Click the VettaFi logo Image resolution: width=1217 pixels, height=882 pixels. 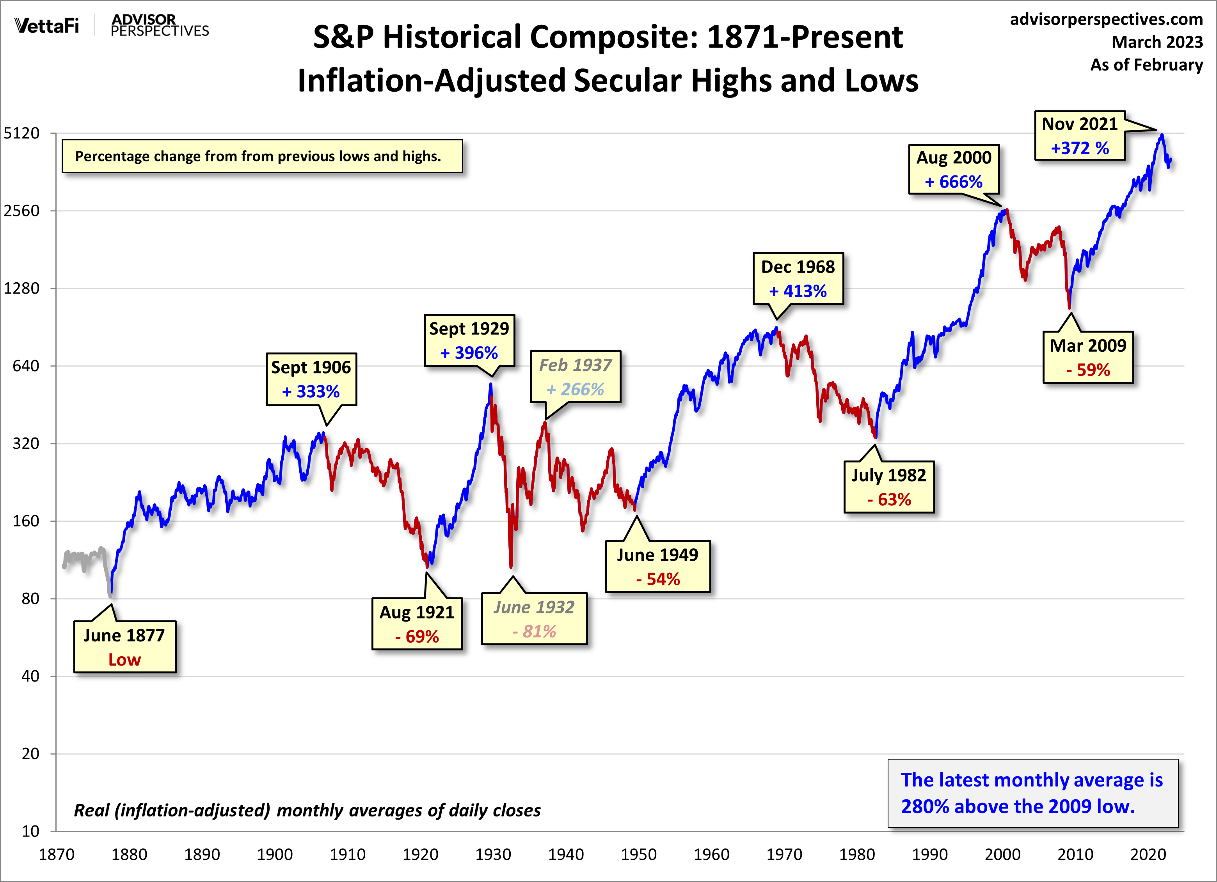click(47, 25)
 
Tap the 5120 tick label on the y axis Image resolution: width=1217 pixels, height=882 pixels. click(22, 133)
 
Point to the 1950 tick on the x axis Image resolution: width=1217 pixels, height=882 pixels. click(639, 854)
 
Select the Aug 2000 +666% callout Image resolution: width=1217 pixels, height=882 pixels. click(954, 169)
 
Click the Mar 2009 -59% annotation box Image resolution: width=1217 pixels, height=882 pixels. click(1088, 357)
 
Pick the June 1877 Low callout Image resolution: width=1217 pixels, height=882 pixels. click(124, 646)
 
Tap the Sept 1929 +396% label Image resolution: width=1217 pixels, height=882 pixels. click(469, 340)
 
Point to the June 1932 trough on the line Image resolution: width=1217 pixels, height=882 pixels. click(511, 566)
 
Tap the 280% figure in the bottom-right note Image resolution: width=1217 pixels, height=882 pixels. click(925, 806)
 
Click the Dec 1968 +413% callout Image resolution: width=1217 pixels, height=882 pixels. click(798, 278)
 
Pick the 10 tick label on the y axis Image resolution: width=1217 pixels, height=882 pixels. click(30, 831)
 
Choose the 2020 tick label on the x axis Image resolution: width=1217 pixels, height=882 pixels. click(1148, 854)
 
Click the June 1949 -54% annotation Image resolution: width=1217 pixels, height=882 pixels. click(657, 566)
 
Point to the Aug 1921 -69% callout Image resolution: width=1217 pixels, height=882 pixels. click(417, 623)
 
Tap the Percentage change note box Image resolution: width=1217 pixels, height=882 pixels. click(262, 156)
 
